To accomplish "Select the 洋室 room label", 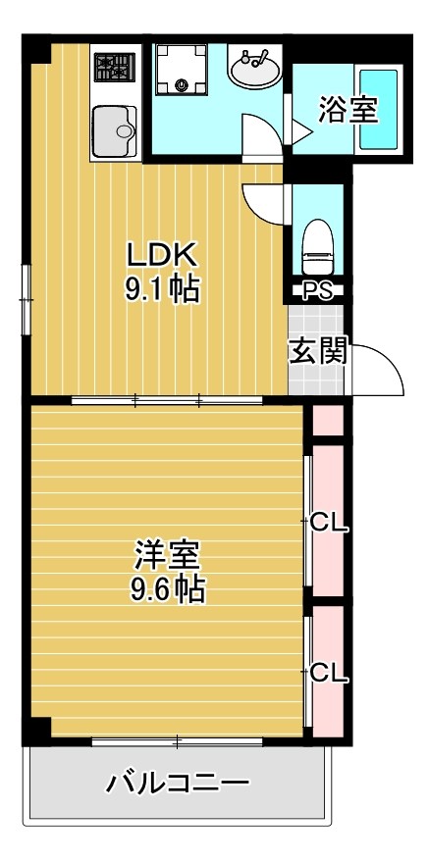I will coord(168,556).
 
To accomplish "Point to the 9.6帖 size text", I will coord(168,589).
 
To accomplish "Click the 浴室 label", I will coord(348,110).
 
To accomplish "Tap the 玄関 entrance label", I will coord(317,352).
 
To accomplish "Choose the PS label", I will coord(316,290).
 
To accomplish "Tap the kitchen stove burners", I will coord(115,68).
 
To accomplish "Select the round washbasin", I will coord(254,69).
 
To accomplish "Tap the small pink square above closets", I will coord(328,420).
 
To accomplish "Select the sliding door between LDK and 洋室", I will coord(167,400).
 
